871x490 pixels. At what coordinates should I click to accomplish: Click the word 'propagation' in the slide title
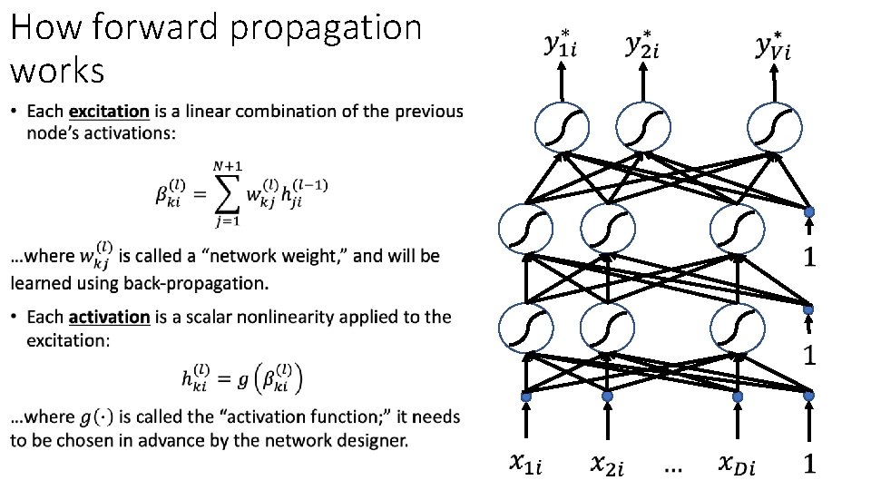click(x=326, y=28)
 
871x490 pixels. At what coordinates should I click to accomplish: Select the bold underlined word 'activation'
click(x=109, y=317)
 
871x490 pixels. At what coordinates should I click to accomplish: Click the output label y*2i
click(x=643, y=44)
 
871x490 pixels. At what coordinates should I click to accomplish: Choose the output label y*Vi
click(x=773, y=44)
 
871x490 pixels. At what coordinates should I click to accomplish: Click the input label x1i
click(x=525, y=465)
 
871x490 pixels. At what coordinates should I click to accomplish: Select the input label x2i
click(x=608, y=465)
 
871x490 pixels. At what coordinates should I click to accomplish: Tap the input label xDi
click(x=737, y=465)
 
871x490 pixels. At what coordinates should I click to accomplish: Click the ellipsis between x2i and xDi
click(x=674, y=468)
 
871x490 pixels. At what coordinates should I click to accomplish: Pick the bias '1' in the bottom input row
click(x=809, y=465)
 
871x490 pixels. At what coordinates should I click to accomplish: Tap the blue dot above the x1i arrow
click(x=524, y=397)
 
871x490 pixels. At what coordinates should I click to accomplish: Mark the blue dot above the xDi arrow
click(x=736, y=397)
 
